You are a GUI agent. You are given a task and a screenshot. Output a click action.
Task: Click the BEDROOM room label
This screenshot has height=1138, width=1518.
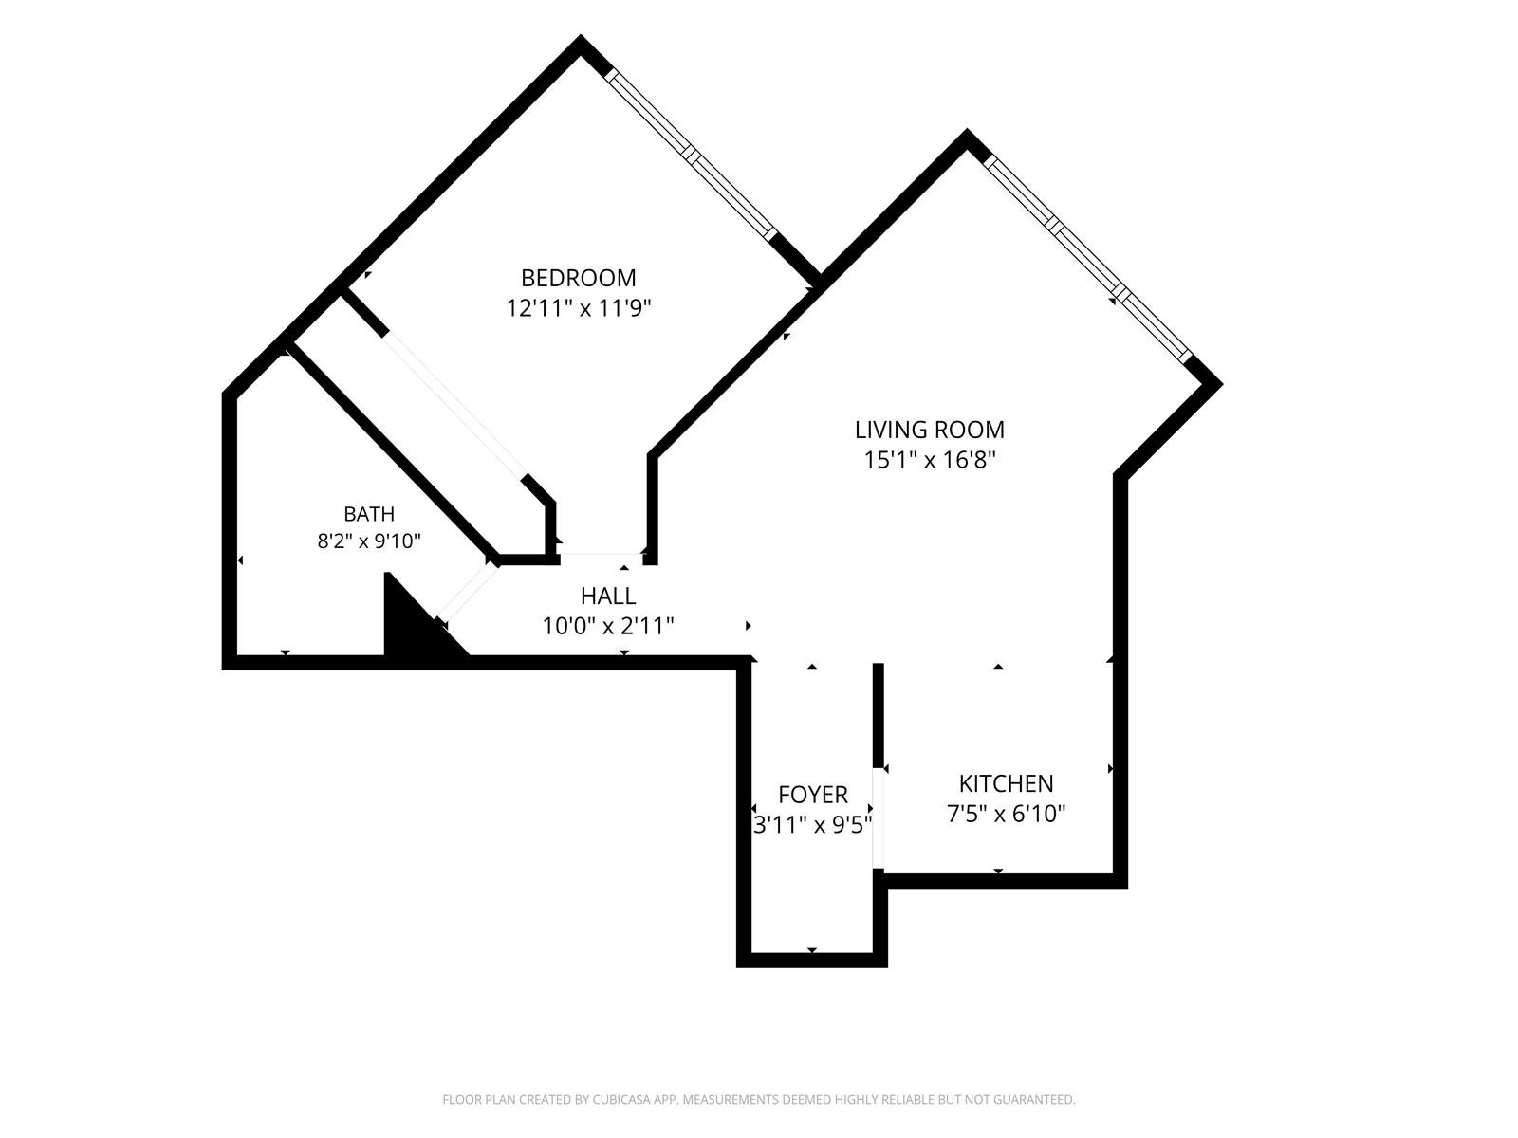tap(578, 278)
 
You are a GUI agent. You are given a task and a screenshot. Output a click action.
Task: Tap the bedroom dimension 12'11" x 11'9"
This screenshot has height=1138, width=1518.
tap(579, 307)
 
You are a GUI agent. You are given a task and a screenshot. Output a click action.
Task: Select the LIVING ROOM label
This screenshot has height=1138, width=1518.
tap(930, 430)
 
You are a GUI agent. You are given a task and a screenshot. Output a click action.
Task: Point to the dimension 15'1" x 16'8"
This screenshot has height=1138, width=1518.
tap(930, 460)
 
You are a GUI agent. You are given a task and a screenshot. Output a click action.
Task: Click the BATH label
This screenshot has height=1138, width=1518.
tap(369, 514)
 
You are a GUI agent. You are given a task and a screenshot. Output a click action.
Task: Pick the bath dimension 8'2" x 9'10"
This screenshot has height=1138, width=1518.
tap(369, 541)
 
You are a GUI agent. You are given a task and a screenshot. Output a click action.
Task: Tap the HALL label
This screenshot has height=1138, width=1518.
tap(608, 596)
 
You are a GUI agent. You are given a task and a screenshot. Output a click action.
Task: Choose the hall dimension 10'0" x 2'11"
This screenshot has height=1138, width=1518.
tap(608, 626)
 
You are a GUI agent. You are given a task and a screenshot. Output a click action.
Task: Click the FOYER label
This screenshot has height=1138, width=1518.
tap(812, 796)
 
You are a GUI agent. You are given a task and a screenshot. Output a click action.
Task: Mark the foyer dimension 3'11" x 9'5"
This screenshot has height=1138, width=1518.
tap(812, 825)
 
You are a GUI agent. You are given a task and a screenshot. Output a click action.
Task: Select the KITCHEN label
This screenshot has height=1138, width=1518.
tap(1007, 783)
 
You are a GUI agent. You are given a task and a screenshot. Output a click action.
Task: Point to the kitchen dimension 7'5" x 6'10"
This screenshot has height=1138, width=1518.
tap(1007, 814)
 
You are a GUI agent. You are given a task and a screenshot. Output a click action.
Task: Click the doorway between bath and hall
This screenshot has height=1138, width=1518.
tap(468, 591)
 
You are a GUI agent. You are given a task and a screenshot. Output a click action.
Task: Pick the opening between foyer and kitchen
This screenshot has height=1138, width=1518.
tap(879, 817)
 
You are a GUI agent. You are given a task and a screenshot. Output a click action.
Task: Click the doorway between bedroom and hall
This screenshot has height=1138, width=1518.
tap(601, 554)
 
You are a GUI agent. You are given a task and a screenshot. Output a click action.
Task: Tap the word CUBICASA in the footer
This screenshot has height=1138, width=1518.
tap(621, 1099)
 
